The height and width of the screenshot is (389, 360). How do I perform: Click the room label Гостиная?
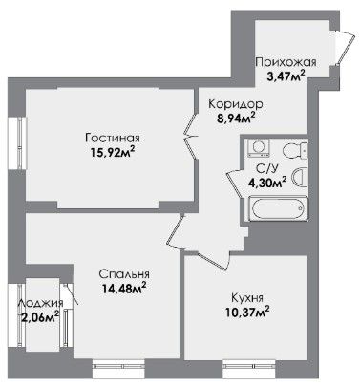(x=113, y=139)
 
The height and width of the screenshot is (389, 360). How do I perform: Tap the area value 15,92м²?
(x=112, y=153)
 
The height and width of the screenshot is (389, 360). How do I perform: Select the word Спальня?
(x=124, y=274)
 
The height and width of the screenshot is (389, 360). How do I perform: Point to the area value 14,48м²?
(x=124, y=288)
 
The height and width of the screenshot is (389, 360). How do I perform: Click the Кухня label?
(x=247, y=298)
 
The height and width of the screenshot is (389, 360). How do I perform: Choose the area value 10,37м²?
(x=246, y=312)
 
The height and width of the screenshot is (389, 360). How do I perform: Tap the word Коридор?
(x=236, y=104)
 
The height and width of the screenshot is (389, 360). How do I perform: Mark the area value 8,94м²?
(x=236, y=119)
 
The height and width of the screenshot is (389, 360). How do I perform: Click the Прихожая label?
(x=286, y=62)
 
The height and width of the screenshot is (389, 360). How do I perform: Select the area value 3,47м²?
(x=286, y=76)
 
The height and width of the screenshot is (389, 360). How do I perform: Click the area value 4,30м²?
(x=267, y=183)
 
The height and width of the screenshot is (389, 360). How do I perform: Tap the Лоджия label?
(x=40, y=303)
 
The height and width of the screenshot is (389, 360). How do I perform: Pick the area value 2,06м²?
(x=39, y=317)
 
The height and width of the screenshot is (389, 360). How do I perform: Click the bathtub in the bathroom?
(x=278, y=208)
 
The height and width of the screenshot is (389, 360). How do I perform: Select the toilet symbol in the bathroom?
(x=295, y=150)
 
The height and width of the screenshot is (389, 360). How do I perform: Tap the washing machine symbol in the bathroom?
(x=259, y=147)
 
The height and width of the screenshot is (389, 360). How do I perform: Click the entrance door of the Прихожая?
(x=343, y=47)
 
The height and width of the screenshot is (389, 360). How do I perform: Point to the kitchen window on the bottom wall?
(x=249, y=368)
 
